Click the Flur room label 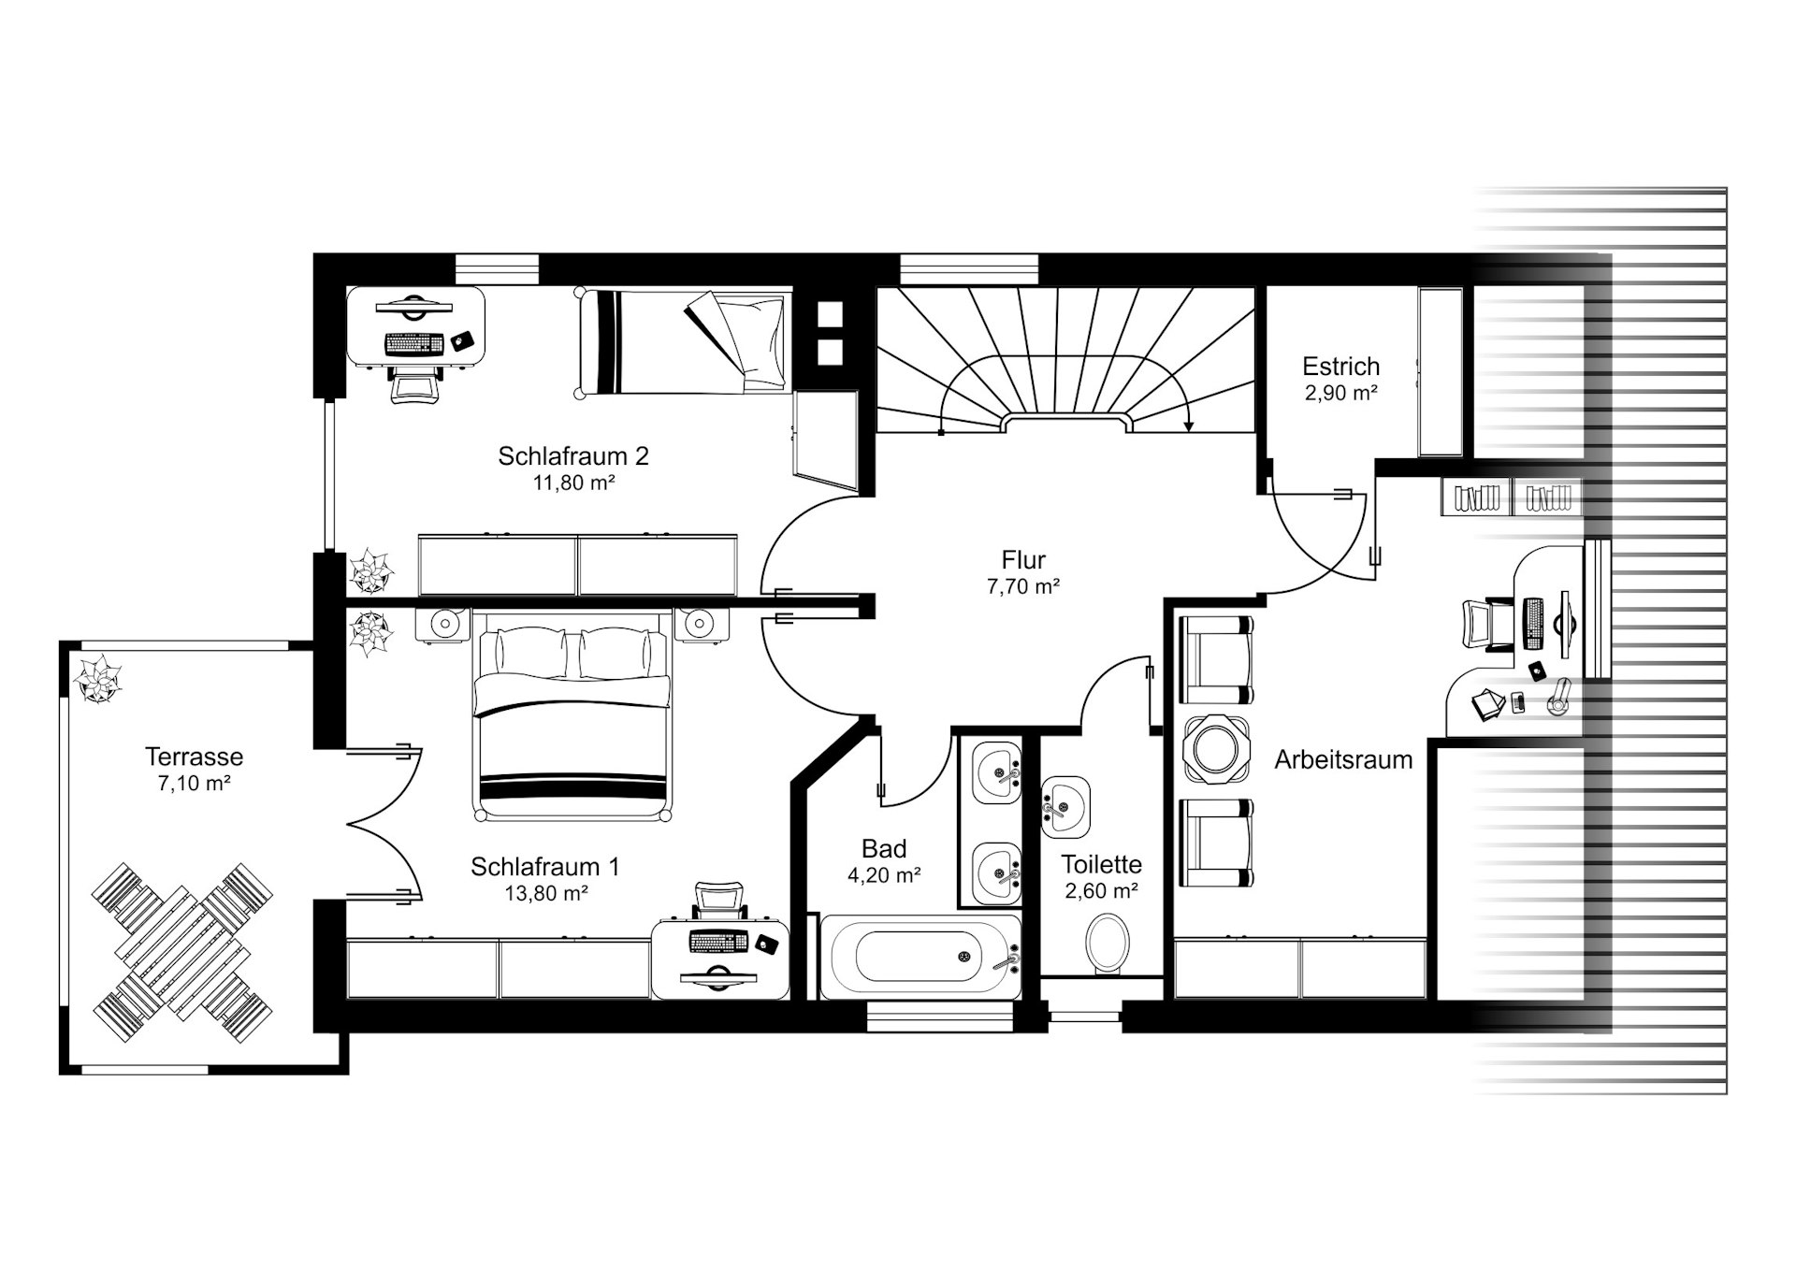(x=1023, y=560)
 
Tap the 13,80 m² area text (x=546, y=893)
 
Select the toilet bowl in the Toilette (x=1108, y=942)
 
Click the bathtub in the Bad (x=921, y=957)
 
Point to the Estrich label (x=1341, y=366)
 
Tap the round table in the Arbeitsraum (x=1216, y=749)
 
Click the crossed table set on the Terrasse (x=182, y=953)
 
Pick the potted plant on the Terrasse (x=98, y=678)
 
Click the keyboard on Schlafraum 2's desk (x=413, y=344)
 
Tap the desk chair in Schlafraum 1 (x=719, y=901)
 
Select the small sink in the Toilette (x=1065, y=805)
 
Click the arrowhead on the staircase (x=1189, y=425)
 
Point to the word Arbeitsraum (x=1343, y=759)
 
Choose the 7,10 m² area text (x=195, y=784)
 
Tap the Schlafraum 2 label (x=573, y=456)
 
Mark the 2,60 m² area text (x=1101, y=891)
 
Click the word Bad (x=884, y=849)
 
